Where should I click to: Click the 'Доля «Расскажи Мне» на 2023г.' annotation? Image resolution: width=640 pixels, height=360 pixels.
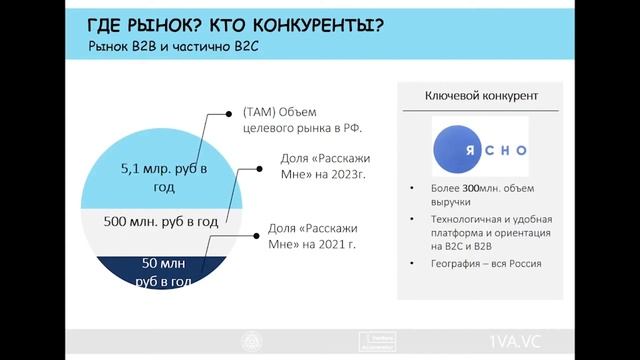point(312,166)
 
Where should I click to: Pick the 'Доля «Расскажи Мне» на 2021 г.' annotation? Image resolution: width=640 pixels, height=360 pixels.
point(313,235)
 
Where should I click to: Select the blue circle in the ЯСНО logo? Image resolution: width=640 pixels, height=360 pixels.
point(459,147)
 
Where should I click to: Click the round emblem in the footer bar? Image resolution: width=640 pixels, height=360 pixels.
point(247,340)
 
